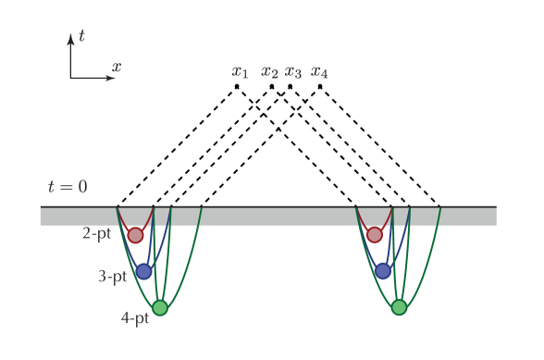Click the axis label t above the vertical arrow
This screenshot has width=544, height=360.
pyautogui.click(x=81, y=36)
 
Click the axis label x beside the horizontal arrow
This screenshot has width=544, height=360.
pyautogui.click(x=117, y=67)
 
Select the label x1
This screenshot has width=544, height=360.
pyautogui.click(x=240, y=71)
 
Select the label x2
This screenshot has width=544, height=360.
pyautogui.click(x=269, y=71)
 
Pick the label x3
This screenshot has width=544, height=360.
pyautogui.click(x=293, y=71)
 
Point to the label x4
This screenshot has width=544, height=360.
pyautogui.click(x=319, y=71)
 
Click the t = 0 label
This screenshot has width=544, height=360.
pyautogui.click(x=68, y=187)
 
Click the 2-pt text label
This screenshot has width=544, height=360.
pyautogui.click(x=96, y=234)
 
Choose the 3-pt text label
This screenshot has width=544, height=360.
pyautogui.click(x=112, y=276)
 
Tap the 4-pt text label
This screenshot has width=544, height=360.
pyautogui.click(x=134, y=318)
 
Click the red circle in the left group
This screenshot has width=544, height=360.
pyautogui.click(x=136, y=235)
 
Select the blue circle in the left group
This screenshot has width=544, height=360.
pyautogui.click(x=143, y=271)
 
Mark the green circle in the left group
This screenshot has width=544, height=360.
pyautogui.click(x=160, y=307)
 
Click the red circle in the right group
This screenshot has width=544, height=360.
pyautogui.click(x=375, y=235)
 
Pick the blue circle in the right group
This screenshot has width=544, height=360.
pyautogui.click(x=383, y=271)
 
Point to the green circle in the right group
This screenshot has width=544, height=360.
pyautogui.click(x=399, y=307)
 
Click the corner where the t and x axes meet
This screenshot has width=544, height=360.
pyautogui.click(x=70, y=79)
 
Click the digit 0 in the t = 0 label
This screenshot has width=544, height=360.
pyautogui.click(x=81, y=187)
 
